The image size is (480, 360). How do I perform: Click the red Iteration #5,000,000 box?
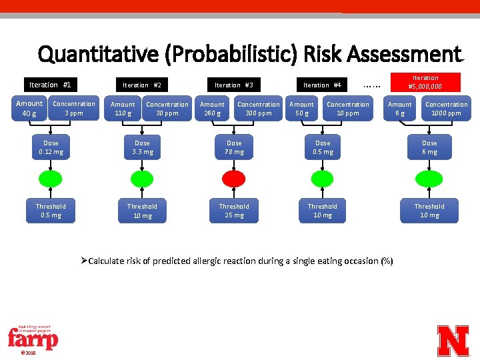(x=425, y=82)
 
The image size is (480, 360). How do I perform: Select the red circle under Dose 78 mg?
(x=234, y=178)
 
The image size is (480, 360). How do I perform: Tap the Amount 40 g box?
(x=29, y=109)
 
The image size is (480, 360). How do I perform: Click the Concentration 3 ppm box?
(x=74, y=109)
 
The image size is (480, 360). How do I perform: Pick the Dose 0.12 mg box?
(x=51, y=147)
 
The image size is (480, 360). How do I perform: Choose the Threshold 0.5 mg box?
(x=51, y=211)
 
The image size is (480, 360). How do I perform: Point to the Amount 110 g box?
(x=123, y=109)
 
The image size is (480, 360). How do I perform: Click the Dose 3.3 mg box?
(x=143, y=147)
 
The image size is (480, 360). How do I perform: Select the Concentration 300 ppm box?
(x=259, y=109)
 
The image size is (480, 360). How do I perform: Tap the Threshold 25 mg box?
(x=234, y=211)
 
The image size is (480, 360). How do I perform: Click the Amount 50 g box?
(x=301, y=109)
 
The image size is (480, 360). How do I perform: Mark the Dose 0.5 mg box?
(x=323, y=147)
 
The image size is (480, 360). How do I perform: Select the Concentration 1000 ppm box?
(x=446, y=109)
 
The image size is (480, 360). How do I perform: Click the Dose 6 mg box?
(x=429, y=147)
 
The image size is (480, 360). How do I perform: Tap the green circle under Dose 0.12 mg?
(x=51, y=178)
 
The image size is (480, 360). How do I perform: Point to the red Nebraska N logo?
(x=453, y=340)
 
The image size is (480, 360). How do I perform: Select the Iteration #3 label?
(x=233, y=85)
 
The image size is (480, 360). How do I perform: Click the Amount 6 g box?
(x=399, y=109)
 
